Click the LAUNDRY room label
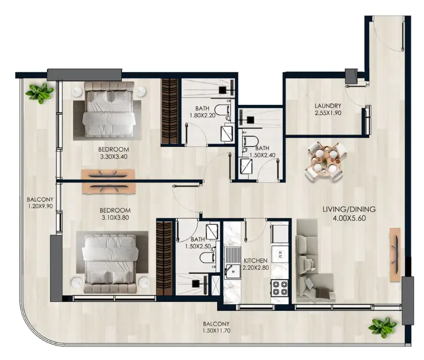coord(328,106)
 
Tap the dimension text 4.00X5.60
coord(349,218)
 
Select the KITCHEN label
coord(255,261)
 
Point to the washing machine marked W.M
coord(279,254)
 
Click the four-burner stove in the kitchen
coord(280,288)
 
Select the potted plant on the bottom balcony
coord(382,327)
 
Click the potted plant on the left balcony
coord(40,93)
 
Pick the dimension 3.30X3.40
coord(114,156)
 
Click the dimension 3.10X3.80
coord(114,217)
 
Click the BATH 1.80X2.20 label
coord(202,111)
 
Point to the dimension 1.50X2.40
coord(263,155)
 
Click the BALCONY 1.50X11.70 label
coord(216,327)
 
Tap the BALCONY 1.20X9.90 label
coord(40,203)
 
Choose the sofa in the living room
coord(314,261)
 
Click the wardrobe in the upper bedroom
coord(170,111)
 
